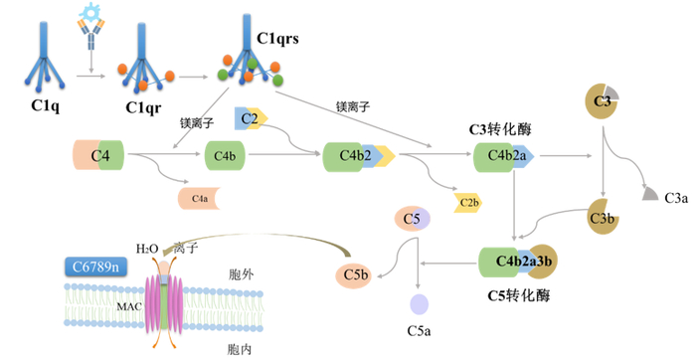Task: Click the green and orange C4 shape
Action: [98, 155]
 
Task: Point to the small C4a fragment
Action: [200, 199]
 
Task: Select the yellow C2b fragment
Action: [468, 202]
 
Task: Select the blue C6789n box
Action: [91, 266]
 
